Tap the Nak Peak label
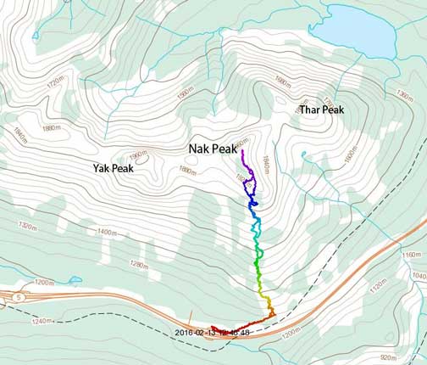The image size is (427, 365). tap(211, 149)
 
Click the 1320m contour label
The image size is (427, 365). tap(27, 226)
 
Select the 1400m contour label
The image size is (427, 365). tap(107, 231)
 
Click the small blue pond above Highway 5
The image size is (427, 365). tap(74, 279)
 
